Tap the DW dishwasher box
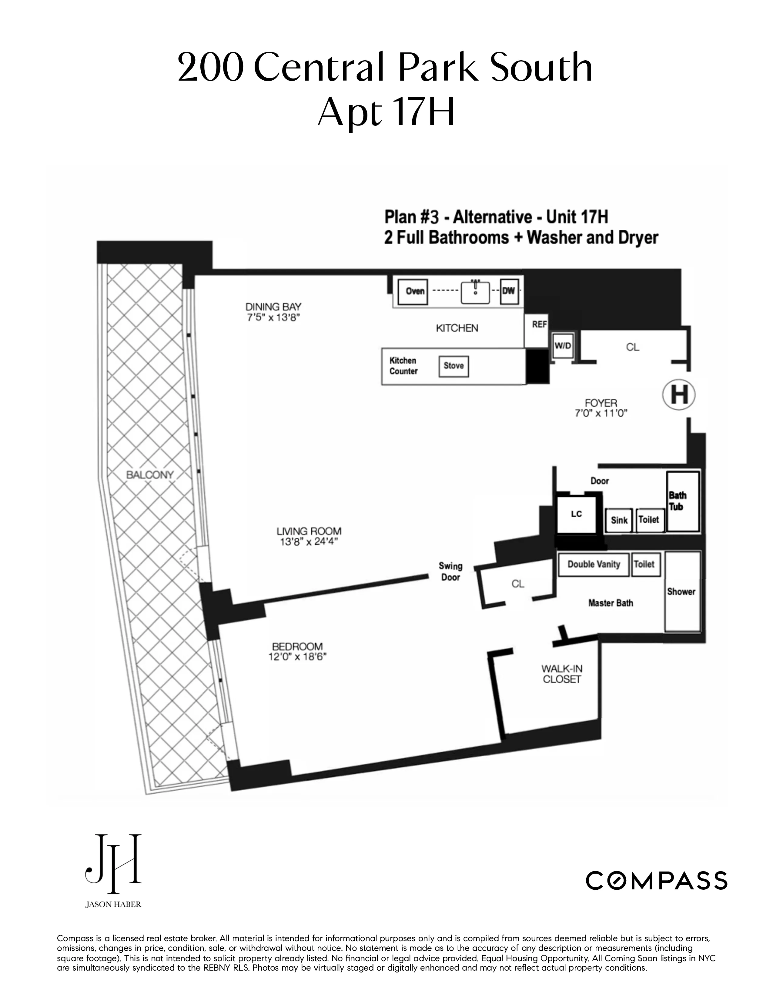coord(509,291)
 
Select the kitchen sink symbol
coord(475,292)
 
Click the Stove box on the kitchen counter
coord(453,366)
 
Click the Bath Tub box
coord(683,502)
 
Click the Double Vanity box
coord(594,565)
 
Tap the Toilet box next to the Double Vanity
coord(644,565)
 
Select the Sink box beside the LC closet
coord(619,521)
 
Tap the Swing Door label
coord(450,572)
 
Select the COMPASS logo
coord(656,880)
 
